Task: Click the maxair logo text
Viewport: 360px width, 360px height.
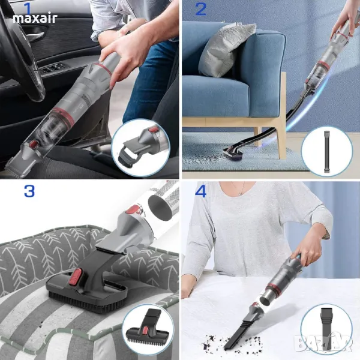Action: pos(35,19)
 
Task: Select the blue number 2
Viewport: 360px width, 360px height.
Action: pos(201,10)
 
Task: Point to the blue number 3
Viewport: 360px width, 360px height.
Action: pos(29,191)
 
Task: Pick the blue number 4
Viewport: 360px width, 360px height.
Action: pos(200,191)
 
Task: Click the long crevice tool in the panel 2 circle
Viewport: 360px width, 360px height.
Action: pos(326,152)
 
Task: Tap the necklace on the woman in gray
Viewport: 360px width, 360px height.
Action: pos(239,189)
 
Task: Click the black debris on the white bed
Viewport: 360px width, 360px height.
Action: pos(232,342)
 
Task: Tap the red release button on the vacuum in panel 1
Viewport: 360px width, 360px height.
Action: pos(34,144)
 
